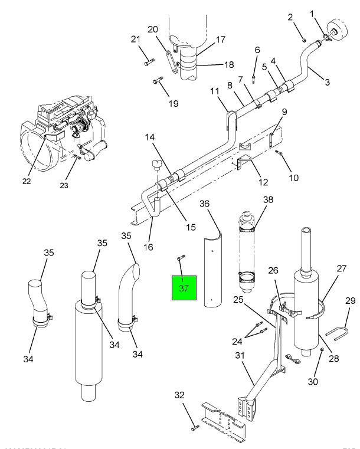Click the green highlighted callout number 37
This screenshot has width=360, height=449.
pos(184,288)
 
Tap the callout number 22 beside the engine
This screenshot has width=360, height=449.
pos(26,181)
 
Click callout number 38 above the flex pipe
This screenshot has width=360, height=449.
pos(269,199)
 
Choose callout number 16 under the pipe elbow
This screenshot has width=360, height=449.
pos(148,247)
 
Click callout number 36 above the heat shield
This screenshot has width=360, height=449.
pos(204,204)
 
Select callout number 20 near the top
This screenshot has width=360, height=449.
pos(152,30)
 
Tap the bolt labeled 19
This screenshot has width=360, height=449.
pos(158,81)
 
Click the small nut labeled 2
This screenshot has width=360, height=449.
pos(304,40)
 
